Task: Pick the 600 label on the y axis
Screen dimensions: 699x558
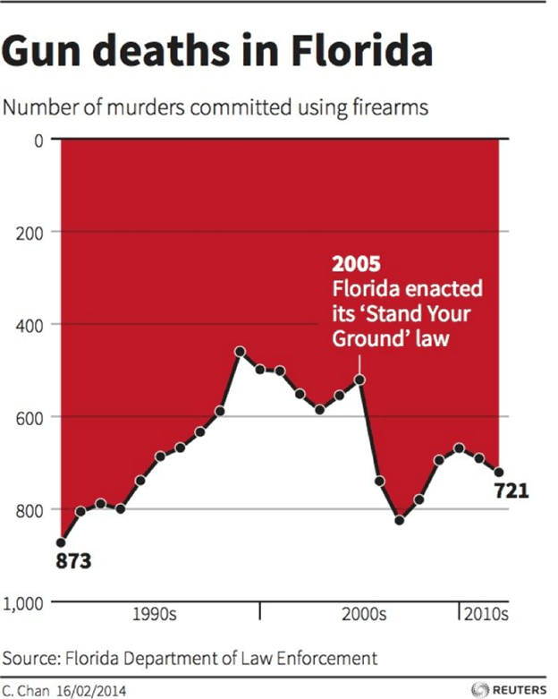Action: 30,417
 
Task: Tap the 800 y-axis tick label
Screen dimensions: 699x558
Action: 30,510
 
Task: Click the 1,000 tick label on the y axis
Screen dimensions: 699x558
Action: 24,602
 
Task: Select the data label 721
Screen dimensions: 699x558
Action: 511,490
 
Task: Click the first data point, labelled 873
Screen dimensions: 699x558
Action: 61,542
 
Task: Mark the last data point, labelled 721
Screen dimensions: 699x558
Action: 499,472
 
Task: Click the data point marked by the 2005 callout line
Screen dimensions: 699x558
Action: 359,379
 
